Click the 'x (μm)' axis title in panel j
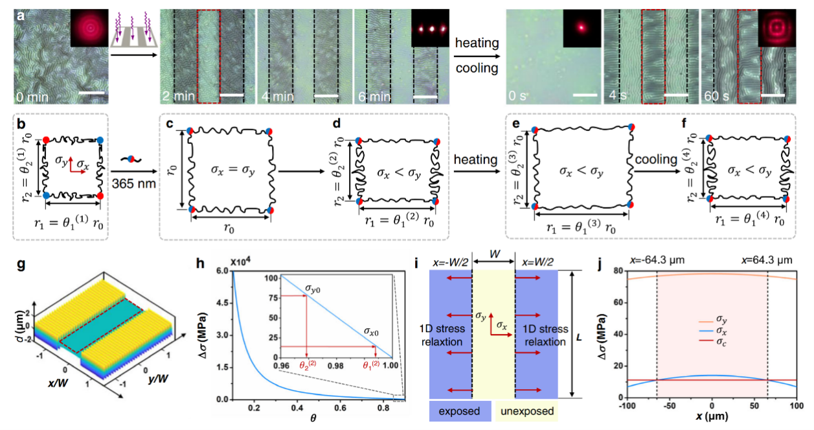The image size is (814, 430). (x=711, y=420)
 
